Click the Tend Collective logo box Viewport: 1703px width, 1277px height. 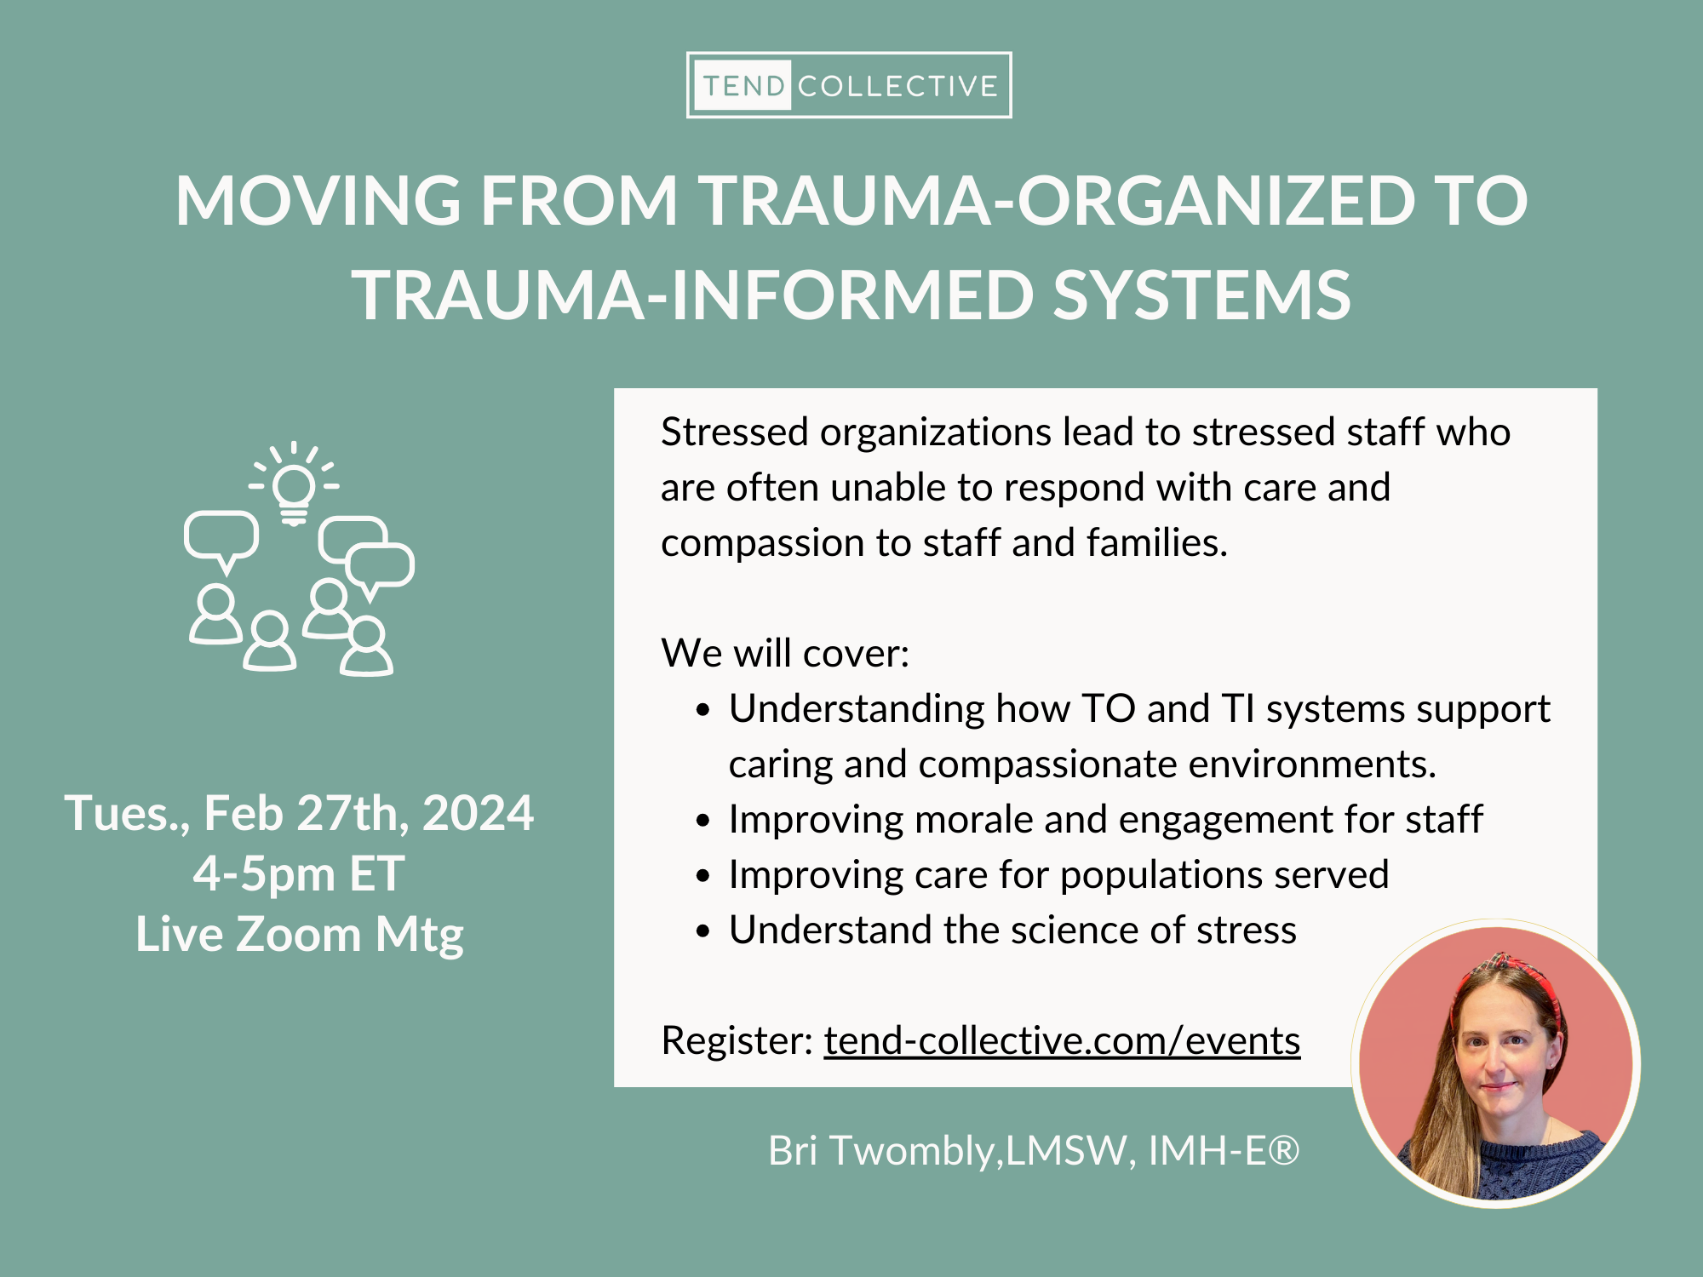(849, 85)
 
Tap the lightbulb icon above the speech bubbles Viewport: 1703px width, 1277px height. (294, 490)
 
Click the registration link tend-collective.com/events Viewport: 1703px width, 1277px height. (1062, 1040)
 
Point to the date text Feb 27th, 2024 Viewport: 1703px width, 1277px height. (368, 813)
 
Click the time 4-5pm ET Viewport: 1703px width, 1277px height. (299, 874)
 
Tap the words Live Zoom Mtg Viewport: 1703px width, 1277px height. (300, 935)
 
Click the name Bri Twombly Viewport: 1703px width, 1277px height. (881, 1151)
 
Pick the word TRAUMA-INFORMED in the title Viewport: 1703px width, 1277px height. (693, 295)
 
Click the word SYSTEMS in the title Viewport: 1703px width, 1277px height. (1201, 295)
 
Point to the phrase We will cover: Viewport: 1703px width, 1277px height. (785, 654)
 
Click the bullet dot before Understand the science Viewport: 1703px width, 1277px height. (702, 931)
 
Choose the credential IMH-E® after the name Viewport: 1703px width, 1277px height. (1224, 1151)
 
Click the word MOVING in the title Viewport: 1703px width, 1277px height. (318, 201)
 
